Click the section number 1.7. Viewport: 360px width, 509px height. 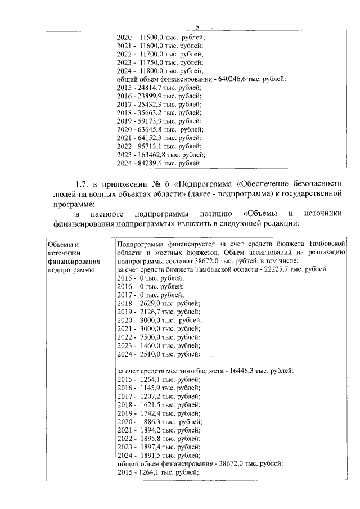pyautogui.click(x=83, y=184)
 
